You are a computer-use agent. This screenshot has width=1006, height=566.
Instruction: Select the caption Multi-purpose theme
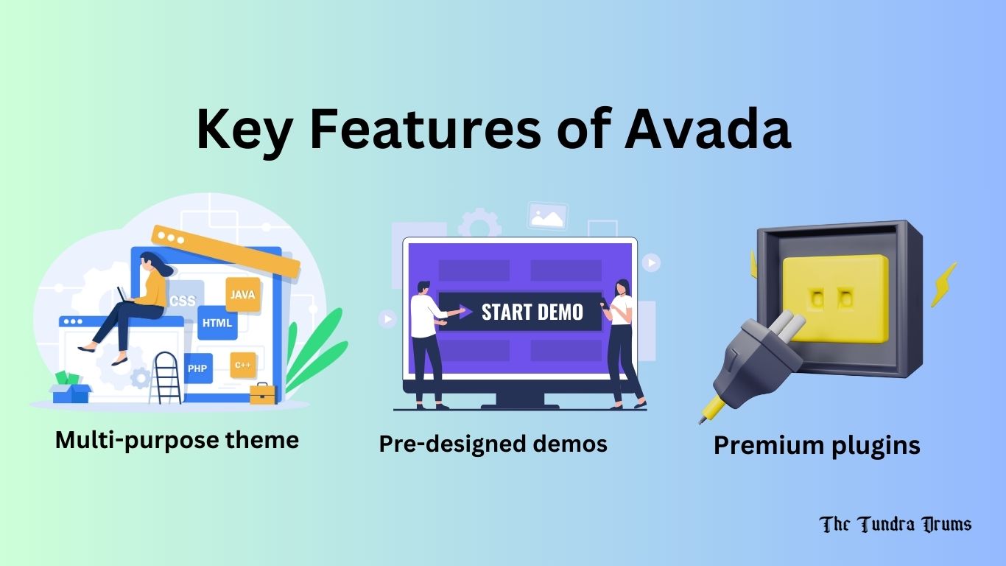tap(177, 440)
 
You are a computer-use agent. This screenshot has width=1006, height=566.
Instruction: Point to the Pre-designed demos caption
tap(493, 443)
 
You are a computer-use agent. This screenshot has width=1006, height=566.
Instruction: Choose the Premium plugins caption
tap(817, 445)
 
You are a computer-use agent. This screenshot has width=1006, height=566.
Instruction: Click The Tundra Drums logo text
tap(895, 524)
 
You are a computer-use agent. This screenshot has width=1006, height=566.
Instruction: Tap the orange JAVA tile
tap(242, 295)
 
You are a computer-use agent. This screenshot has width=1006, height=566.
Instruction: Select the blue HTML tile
tap(217, 323)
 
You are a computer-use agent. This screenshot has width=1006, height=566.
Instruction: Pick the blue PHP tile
tap(197, 368)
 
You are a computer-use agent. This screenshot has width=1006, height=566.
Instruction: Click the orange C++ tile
tap(242, 365)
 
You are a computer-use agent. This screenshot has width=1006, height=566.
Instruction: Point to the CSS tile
tap(182, 301)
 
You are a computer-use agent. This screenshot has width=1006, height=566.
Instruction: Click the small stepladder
tap(167, 377)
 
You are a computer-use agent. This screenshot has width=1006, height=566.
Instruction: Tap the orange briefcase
tap(263, 394)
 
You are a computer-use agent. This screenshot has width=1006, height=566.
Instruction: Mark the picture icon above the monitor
tap(547, 216)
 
